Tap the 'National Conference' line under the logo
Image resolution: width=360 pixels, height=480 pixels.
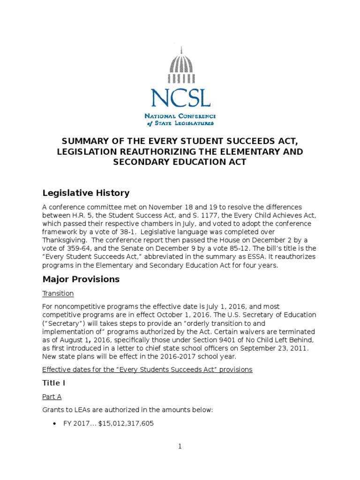tap(180, 116)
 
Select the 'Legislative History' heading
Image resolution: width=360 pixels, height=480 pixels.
tap(86, 193)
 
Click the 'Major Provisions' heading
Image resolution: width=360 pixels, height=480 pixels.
tap(81, 279)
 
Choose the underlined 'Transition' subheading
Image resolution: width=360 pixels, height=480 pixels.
tap(58, 293)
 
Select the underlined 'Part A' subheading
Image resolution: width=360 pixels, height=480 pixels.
tap(52, 397)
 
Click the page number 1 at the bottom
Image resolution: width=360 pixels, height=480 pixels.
tap(180, 447)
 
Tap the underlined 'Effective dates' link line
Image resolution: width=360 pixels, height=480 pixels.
tap(147, 369)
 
